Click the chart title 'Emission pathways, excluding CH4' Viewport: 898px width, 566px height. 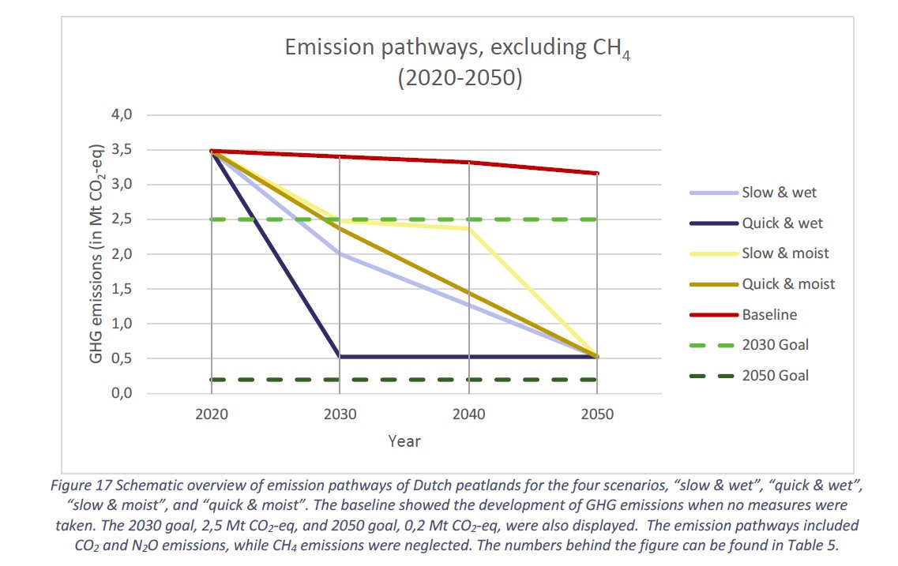(x=457, y=48)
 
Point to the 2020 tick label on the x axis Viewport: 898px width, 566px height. (x=212, y=414)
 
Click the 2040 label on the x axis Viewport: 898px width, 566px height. (x=468, y=414)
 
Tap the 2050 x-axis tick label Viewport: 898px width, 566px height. (x=597, y=414)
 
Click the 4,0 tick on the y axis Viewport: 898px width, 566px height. (x=122, y=114)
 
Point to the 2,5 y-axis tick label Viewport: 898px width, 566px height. (x=122, y=219)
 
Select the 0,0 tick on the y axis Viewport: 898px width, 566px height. (x=122, y=393)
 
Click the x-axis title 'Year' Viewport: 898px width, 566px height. (x=404, y=441)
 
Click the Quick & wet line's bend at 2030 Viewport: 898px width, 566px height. (x=340, y=357)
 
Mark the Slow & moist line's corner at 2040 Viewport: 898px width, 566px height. (x=469, y=229)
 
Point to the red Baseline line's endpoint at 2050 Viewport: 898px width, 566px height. (x=597, y=173)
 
